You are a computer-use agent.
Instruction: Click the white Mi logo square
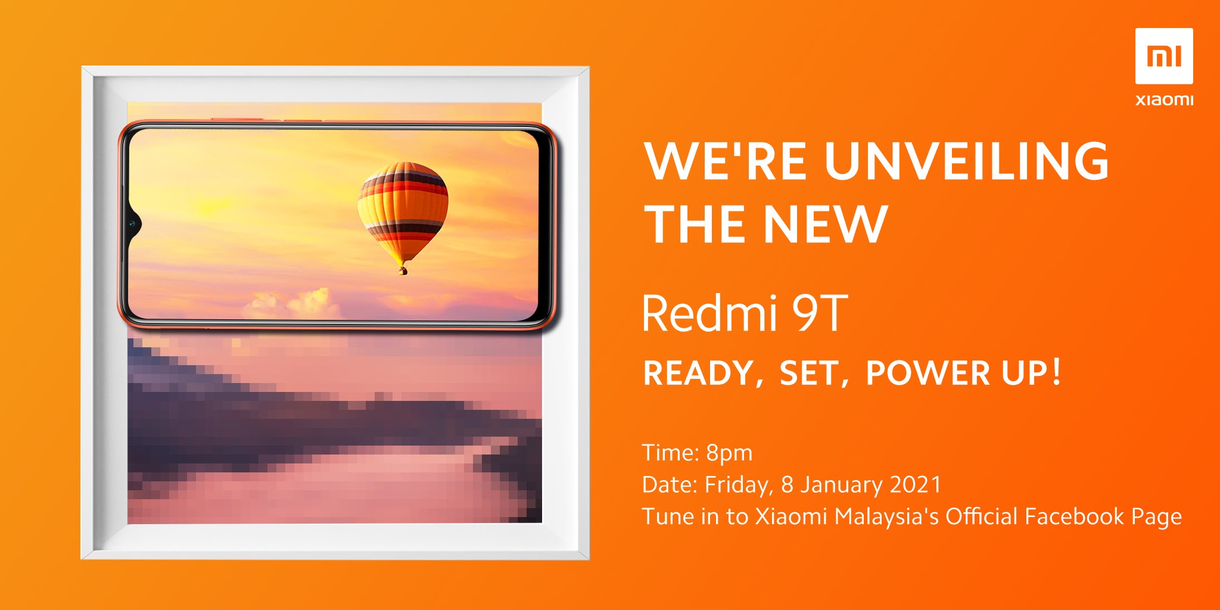(1164, 56)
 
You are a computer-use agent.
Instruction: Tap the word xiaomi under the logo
(1165, 99)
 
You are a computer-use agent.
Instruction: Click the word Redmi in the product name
(709, 313)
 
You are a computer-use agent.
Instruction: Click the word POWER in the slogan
(928, 373)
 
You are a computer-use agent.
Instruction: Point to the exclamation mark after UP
(1056, 372)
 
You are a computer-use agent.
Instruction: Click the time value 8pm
(729, 454)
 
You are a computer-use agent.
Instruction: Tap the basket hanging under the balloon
(403, 270)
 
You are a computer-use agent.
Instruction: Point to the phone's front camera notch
(133, 225)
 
